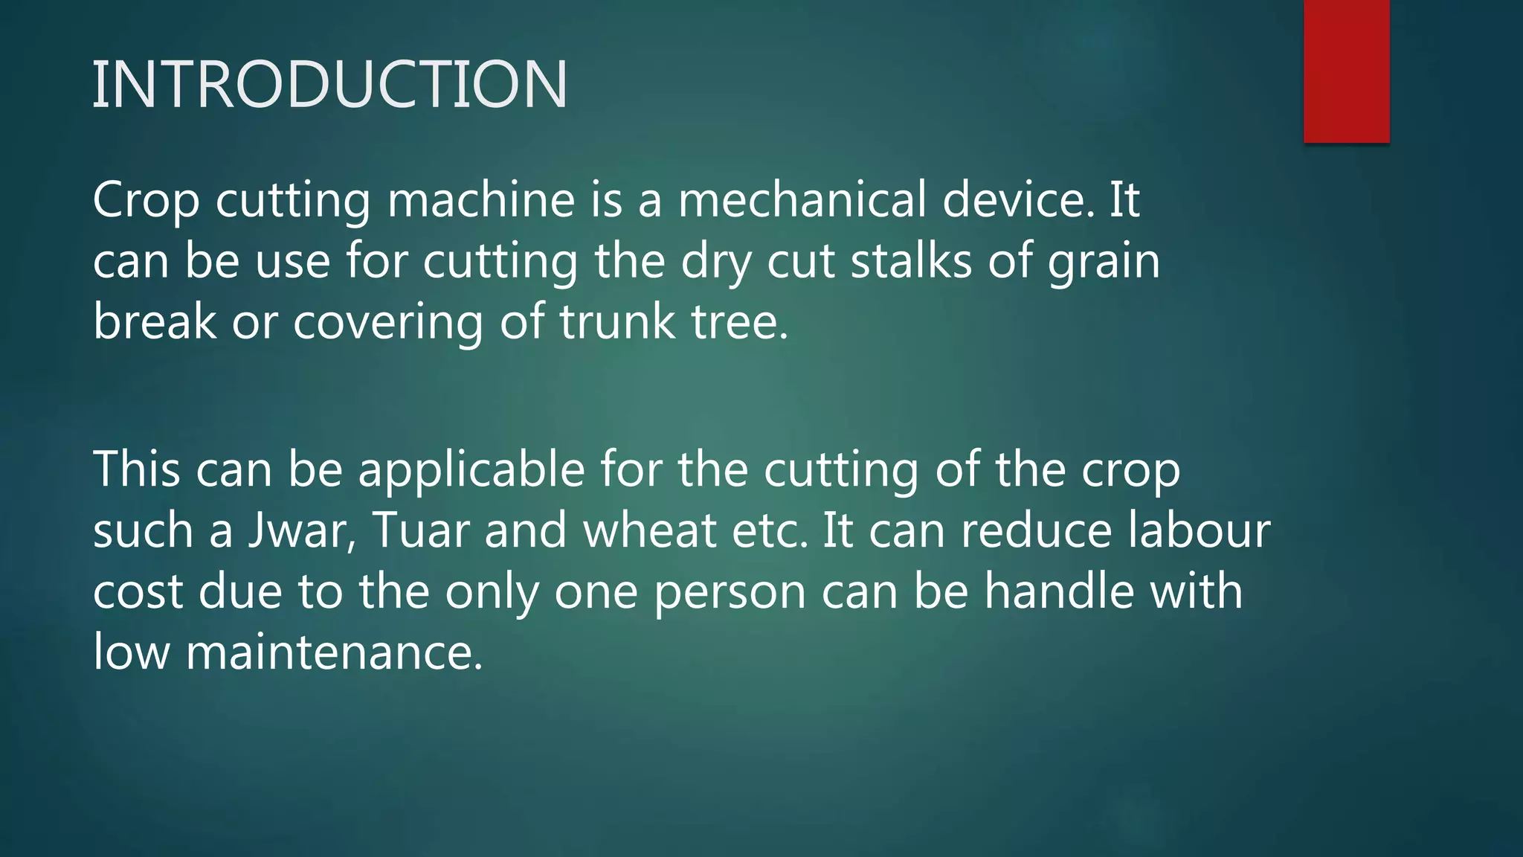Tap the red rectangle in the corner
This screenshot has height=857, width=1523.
pos(1346,71)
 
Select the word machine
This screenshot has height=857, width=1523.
pos(481,201)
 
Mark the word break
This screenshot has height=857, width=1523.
pos(155,322)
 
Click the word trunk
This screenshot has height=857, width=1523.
pos(617,322)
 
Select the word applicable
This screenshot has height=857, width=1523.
pos(471,471)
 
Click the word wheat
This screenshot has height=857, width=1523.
pos(650,531)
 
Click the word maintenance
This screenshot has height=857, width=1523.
pos(334,652)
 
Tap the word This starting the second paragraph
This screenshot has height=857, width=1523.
pos(137,470)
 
